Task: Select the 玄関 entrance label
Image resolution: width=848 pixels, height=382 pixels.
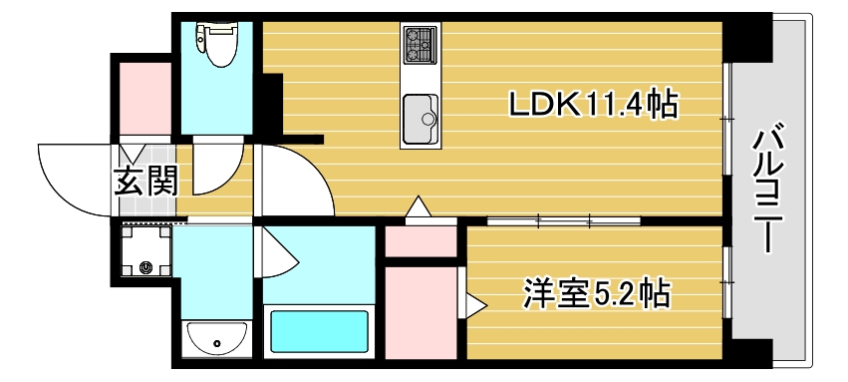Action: coord(144,182)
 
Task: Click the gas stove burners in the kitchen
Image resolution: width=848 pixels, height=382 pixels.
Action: coord(420,45)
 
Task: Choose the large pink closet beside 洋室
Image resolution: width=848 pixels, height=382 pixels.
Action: coord(420,310)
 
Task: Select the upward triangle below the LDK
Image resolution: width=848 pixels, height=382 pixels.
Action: coord(420,208)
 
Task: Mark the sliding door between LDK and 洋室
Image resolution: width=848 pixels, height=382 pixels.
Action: coord(548,217)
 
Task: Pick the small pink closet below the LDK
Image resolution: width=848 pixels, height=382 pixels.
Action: coord(420,240)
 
